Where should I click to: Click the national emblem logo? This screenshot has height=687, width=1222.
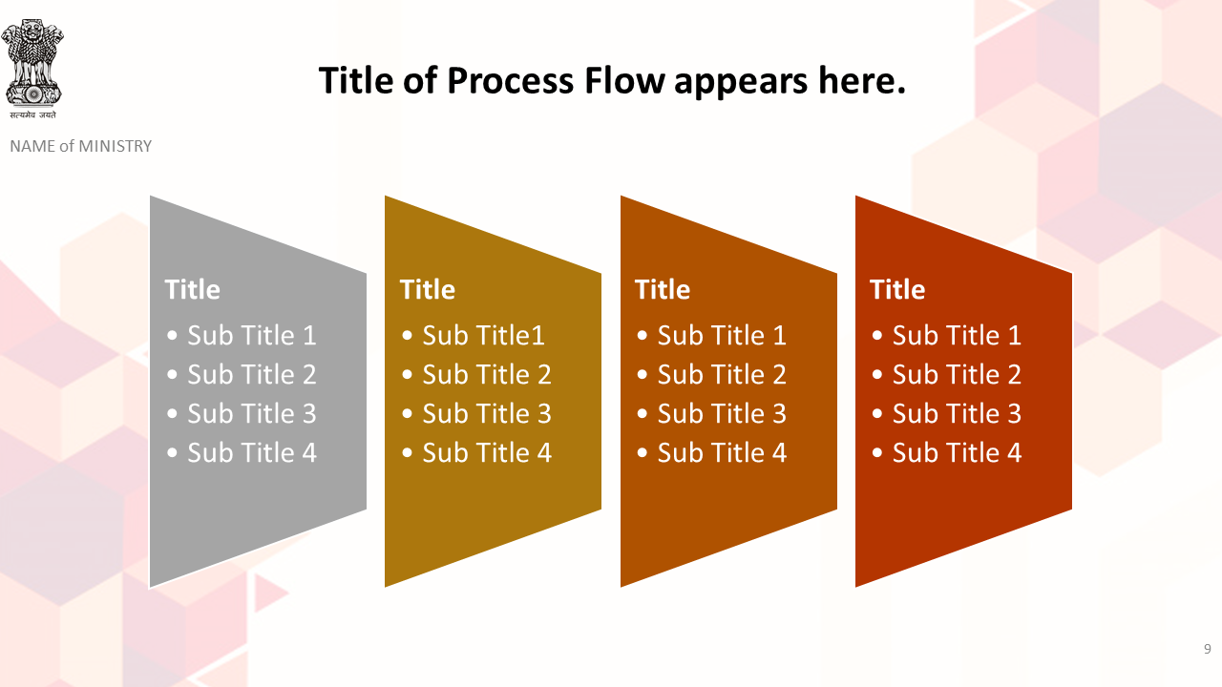(32, 62)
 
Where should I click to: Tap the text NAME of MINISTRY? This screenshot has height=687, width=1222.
(81, 146)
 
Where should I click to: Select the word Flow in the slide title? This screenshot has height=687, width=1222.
(624, 80)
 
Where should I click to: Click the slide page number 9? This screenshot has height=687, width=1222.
(1208, 649)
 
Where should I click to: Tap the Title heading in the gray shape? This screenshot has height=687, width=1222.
(192, 289)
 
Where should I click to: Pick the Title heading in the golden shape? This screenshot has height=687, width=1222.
(427, 289)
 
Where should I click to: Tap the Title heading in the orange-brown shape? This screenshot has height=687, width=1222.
(663, 289)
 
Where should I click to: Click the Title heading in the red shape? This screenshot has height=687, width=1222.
(897, 289)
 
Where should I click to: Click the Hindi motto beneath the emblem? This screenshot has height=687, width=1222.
(32, 114)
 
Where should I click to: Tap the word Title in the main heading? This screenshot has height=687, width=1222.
(356, 80)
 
